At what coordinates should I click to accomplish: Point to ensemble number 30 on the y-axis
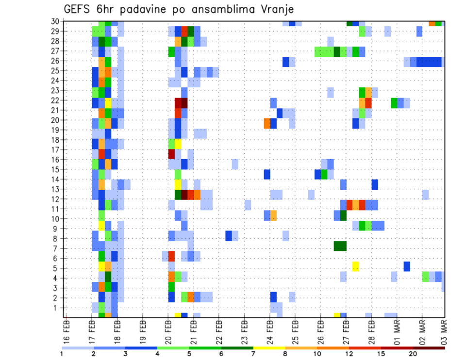click(x=57, y=21)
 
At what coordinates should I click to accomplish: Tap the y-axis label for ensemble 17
click(x=57, y=150)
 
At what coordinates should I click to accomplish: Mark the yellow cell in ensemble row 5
click(x=356, y=266)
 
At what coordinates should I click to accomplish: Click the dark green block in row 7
click(x=340, y=246)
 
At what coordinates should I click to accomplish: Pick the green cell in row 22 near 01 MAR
click(x=394, y=102)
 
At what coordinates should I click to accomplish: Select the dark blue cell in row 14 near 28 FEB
click(x=375, y=184)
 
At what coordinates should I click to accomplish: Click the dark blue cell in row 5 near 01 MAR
click(x=407, y=266)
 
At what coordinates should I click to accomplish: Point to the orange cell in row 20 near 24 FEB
click(x=267, y=123)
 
